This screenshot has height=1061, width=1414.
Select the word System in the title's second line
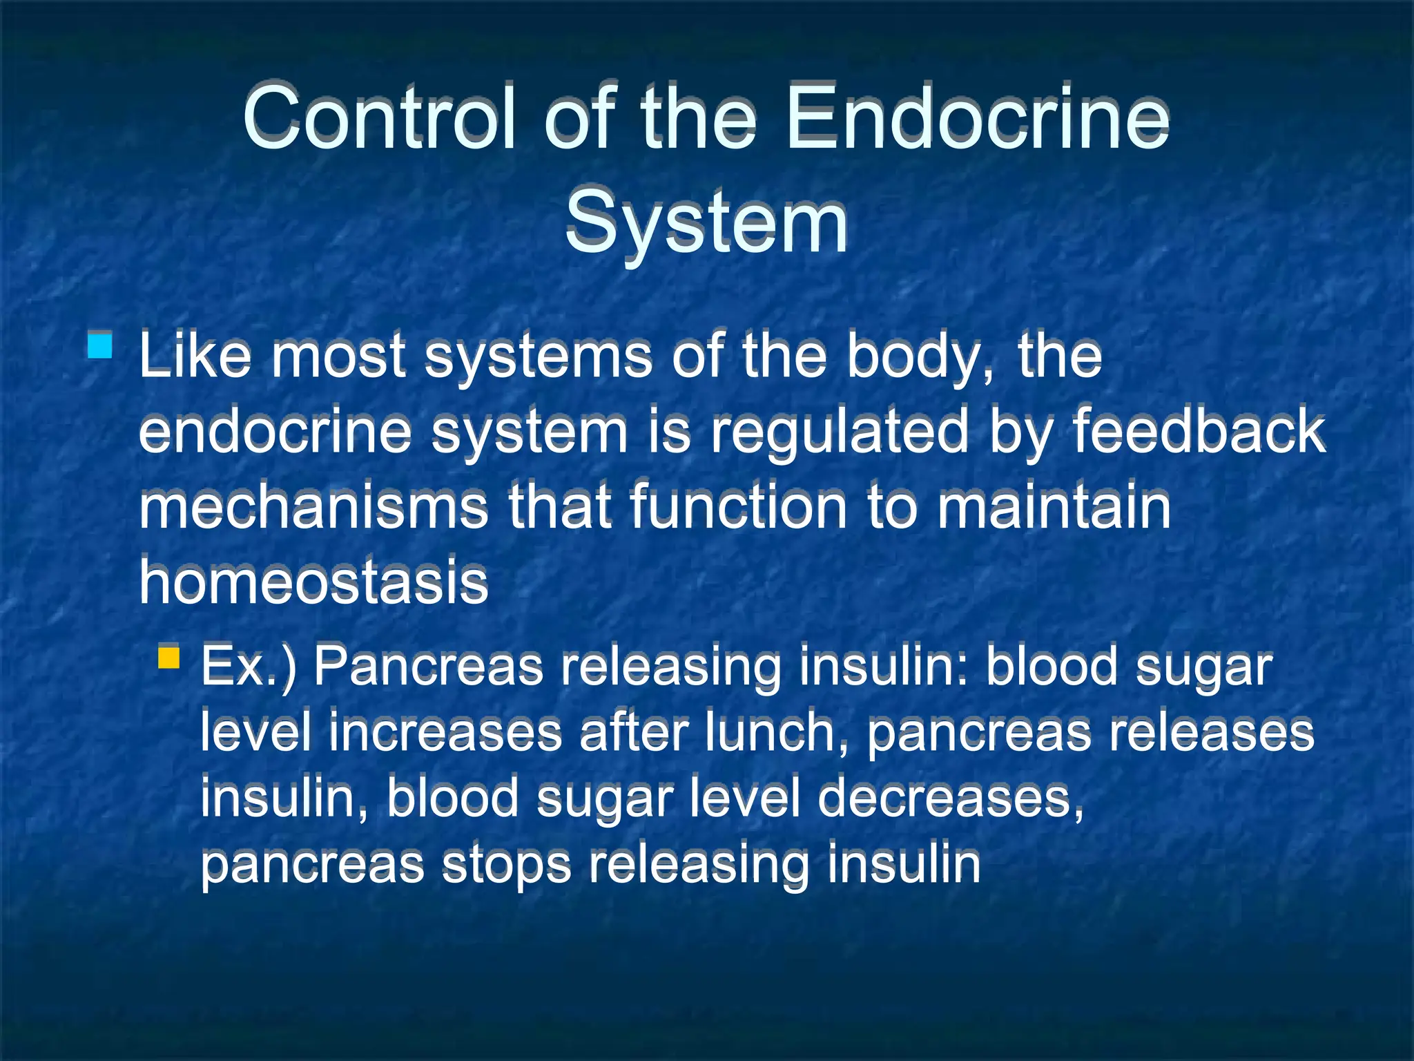click(x=706, y=222)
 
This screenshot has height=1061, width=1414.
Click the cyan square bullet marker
click(x=100, y=345)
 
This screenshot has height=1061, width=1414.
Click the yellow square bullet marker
click(x=168, y=657)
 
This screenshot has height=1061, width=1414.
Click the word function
click(x=738, y=507)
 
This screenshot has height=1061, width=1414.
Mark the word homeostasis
click(x=313, y=582)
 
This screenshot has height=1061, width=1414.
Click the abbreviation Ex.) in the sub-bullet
click(x=249, y=666)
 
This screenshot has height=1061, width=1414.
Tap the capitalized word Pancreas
click(x=429, y=666)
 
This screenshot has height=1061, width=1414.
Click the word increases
click(x=445, y=732)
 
